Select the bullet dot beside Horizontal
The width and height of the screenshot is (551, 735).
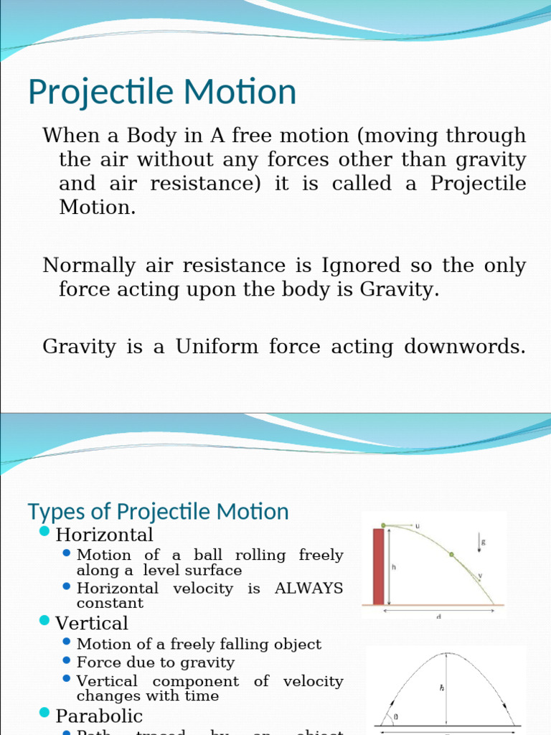(44, 532)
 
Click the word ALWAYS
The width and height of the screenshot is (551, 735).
(309, 589)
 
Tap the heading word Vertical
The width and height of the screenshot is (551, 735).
(92, 623)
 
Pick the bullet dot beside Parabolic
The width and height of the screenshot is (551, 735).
(44, 713)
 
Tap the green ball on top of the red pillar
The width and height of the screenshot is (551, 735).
(384, 525)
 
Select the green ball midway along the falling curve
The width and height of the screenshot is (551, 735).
(451, 554)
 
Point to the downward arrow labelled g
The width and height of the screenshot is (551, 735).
(478, 546)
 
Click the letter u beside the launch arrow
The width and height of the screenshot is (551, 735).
(418, 526)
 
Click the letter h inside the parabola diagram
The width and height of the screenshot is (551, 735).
(441, 687)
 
